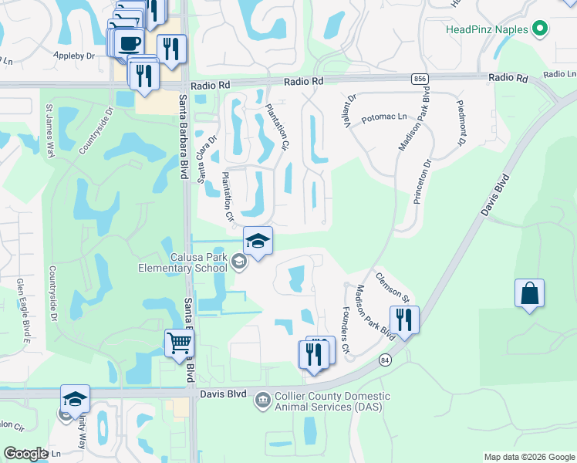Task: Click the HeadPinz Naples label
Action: coord(487,30)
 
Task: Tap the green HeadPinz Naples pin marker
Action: coord(541,30)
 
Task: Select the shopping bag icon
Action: coord(529,294)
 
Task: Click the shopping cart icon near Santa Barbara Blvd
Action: coord(179,342)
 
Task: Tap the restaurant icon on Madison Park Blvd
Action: coord(404,319)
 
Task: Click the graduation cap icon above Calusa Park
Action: coord(258,240)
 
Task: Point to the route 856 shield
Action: coord(420,79)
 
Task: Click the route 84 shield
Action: coord(384,360)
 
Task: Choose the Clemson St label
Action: coord(392,286)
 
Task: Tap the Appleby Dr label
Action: coord(73,56)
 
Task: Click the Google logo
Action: coord(26,454)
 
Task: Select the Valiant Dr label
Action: coord(349,111)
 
